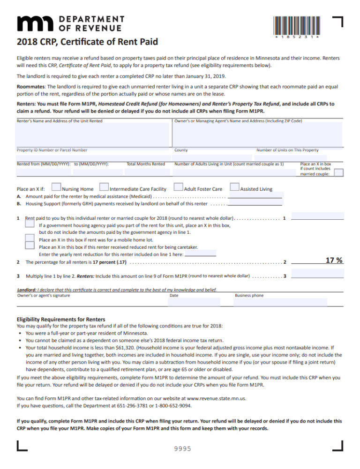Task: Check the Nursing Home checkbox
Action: tap(56, 187)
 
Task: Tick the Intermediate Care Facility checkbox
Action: tap(104, 187)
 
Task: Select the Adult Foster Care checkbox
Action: tap(178, 187)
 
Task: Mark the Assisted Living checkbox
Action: tap(234, 187)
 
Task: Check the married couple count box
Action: tap(339, 172)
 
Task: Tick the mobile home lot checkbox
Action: tap(30, 238)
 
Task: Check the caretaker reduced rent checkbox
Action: tap(30, 246)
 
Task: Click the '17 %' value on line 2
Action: tap(334, 260)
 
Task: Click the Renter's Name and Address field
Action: tap(93, 135)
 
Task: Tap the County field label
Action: tap(181, 150)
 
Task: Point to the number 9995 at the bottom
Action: tap(183, 449)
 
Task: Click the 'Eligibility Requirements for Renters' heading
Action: tap(61, 319)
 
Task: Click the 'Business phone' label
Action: tap(249, 296)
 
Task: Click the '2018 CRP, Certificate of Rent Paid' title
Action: tap(87, 42)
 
